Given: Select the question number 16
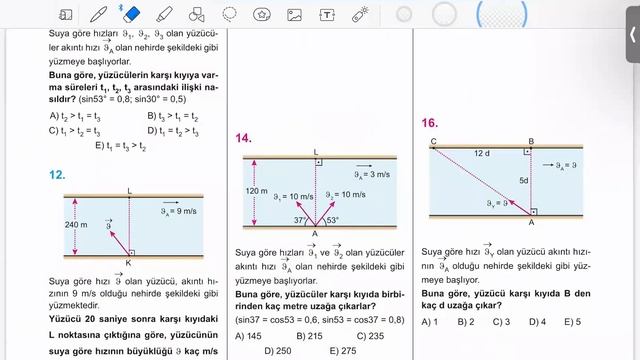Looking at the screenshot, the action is (x=429, y=123).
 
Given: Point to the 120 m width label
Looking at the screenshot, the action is (x=256, y=190).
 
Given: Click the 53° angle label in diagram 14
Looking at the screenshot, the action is (x=332, y=220).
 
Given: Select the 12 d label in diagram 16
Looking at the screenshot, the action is (x=481, y=153).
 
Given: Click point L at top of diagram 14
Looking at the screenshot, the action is (x=316, y=151).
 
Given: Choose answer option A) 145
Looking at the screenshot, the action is (x=247, y=335).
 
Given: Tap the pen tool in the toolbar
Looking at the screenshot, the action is (x=99, y=15).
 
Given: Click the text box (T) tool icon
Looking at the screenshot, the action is (x=327, y=15).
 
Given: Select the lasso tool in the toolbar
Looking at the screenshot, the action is (x=230, y=15).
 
